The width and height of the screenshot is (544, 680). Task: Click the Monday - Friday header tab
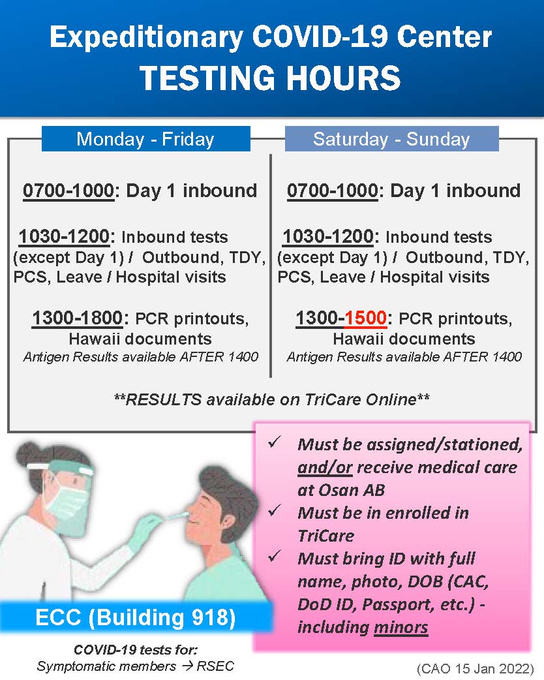146,139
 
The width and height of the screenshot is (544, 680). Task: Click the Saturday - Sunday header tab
391,139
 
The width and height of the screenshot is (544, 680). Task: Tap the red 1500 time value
365,318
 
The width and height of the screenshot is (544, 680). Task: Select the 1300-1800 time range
78,318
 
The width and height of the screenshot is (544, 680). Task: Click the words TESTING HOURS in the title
270,78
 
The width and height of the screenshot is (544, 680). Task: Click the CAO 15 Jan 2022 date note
475,668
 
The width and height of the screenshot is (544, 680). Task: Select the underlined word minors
401,627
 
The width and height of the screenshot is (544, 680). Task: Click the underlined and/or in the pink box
325,467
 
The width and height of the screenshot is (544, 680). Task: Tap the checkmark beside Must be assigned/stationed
275,442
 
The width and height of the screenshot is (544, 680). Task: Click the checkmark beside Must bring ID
275,556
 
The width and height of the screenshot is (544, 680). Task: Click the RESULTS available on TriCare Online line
272,399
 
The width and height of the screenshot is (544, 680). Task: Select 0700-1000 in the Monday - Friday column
68,191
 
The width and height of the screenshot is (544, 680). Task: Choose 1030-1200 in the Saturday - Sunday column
328,236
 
